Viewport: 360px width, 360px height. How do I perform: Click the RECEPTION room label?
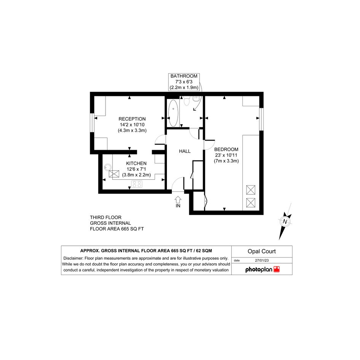132,119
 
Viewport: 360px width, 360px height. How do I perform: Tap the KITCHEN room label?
136,163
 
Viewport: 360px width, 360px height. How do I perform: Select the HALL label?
185,151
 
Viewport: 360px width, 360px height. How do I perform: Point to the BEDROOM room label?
226,149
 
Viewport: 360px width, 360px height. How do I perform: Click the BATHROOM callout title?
184,76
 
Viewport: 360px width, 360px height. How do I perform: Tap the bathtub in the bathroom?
173,113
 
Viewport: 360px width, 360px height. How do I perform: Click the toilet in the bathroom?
187,101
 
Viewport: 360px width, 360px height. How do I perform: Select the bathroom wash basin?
196,99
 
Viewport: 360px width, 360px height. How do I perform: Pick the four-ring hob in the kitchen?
137,184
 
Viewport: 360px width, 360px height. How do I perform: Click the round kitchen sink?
107,167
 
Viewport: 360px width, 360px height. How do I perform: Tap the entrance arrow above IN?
178,200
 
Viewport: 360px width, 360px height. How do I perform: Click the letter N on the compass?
285,222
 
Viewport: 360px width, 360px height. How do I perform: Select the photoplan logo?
262,269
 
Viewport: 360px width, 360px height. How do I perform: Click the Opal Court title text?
261,251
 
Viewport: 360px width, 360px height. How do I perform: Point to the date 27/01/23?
262,260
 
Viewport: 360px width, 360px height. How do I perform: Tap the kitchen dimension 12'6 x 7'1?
136,169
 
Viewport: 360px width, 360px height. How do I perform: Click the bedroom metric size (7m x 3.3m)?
226,161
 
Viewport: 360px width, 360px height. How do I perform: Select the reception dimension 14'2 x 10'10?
132,125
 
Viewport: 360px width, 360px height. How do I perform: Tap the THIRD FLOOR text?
106,218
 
